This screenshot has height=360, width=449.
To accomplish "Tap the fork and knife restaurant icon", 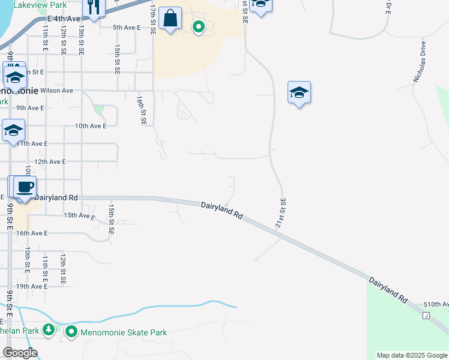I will pos(92,7).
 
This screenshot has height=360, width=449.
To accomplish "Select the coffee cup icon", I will pos(25,187).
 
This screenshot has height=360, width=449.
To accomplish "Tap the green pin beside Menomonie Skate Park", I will pos(71,331).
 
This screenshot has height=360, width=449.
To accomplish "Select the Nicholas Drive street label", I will pos(419,62).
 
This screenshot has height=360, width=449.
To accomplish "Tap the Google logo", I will pos(20,352).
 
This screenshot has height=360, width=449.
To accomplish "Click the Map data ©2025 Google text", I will pos(412,355).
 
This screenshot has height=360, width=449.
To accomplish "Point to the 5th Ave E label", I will pos(126,28).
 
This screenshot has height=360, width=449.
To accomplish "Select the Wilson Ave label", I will pos(56,91).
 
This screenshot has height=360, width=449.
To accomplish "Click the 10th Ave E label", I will pos(90,126).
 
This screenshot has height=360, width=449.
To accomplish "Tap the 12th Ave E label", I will pos(50,162).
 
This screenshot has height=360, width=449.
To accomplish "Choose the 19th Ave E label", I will pos(31,287).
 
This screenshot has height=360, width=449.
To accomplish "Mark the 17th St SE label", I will pos(153,20).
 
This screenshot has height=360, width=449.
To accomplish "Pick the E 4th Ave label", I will pos(62,19).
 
